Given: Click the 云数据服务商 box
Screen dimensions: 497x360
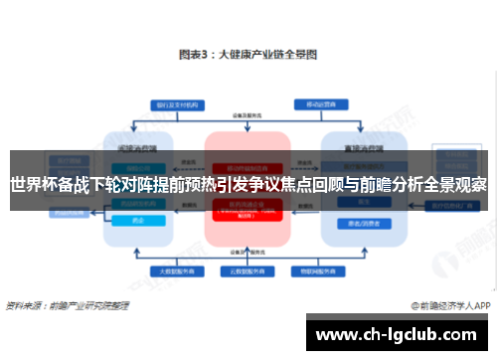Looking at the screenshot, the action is coord(247,270).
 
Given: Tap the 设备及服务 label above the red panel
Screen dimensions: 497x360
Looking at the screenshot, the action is coord(247,116).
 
